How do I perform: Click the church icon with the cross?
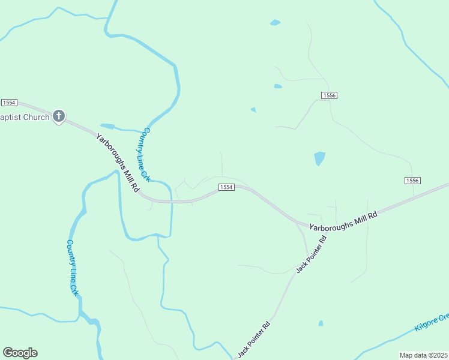coord(58,116)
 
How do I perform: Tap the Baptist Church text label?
coord(25,117)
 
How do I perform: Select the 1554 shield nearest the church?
coord(9,103)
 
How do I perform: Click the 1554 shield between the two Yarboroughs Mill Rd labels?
coord(226,188)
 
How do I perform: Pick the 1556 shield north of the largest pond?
coord(329,95)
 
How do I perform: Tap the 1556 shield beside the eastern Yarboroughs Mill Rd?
coord(412,181)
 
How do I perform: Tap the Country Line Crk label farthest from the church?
coord(73,268)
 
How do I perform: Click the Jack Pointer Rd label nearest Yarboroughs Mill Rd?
coord(311,254)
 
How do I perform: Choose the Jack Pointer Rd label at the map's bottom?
coord(253,340)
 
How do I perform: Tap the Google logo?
coord(20,353)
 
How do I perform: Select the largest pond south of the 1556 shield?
coord(319,158)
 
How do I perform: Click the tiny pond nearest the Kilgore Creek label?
coord(321,323)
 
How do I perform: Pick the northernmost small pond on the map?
coord(275,23)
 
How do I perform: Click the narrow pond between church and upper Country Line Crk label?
coord(108,126)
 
